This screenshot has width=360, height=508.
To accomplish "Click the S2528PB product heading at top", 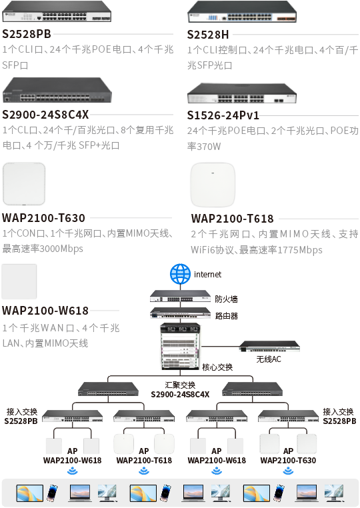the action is click(x=27, y=34).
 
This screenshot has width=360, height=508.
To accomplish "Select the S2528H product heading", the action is click(x=208, y=35).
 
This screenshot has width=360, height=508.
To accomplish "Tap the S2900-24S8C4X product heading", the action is click(x=45, y=115).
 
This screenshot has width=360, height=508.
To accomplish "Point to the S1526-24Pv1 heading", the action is click(x=223, y=115).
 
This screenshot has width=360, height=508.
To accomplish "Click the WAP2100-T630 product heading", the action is click(x=43, y=218).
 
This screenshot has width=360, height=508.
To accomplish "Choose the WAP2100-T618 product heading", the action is click(x=232, y=219).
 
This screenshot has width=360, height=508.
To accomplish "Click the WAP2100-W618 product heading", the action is click(x=45, y=311).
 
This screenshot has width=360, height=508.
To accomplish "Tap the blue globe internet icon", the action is click(x=180, y=274).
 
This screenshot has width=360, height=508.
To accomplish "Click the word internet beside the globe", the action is click(x=208, y=275).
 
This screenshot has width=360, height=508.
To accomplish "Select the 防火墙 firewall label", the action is click(x=226, y=299).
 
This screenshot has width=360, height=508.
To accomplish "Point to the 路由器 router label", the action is click(x=226, y=316).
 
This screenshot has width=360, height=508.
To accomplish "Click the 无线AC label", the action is click(x=269, y=359).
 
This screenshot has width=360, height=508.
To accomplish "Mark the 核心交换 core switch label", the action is click(x=217, y=367).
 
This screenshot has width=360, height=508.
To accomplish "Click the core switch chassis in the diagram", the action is click(x=180, y=347).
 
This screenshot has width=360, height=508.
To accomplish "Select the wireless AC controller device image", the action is click(x=269, y=347).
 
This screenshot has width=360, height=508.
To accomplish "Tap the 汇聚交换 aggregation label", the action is click(x=180, y=385).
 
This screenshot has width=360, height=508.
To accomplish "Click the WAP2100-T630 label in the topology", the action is click(x=288, y=461).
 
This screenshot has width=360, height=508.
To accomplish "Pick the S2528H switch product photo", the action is click(x=242, y=11).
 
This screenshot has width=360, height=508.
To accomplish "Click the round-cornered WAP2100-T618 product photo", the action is click(x=213, y=185).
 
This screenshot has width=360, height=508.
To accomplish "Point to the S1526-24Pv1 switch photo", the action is click(x=242, y=93).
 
